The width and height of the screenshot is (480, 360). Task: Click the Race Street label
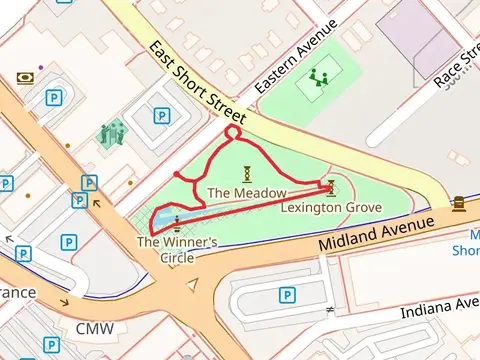[x=456, y=62]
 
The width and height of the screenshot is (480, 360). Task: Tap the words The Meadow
[x=247, y=192]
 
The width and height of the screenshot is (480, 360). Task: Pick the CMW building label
[x=95, y=328]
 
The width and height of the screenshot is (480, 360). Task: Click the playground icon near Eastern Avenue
[x=320, y=77]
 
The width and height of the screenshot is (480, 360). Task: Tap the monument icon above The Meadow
[x=246, y=172]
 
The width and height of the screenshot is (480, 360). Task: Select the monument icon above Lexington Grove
[x=331, y=187]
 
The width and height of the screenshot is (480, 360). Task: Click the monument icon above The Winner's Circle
[x=177, y=222]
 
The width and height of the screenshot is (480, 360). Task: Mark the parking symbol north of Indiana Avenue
[x=287, y=295]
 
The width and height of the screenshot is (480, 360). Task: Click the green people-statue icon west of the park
[x=110, y=132]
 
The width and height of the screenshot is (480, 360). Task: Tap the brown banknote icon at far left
[x=26, y=78]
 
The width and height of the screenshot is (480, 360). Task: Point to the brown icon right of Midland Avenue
[x=458, y=204]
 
